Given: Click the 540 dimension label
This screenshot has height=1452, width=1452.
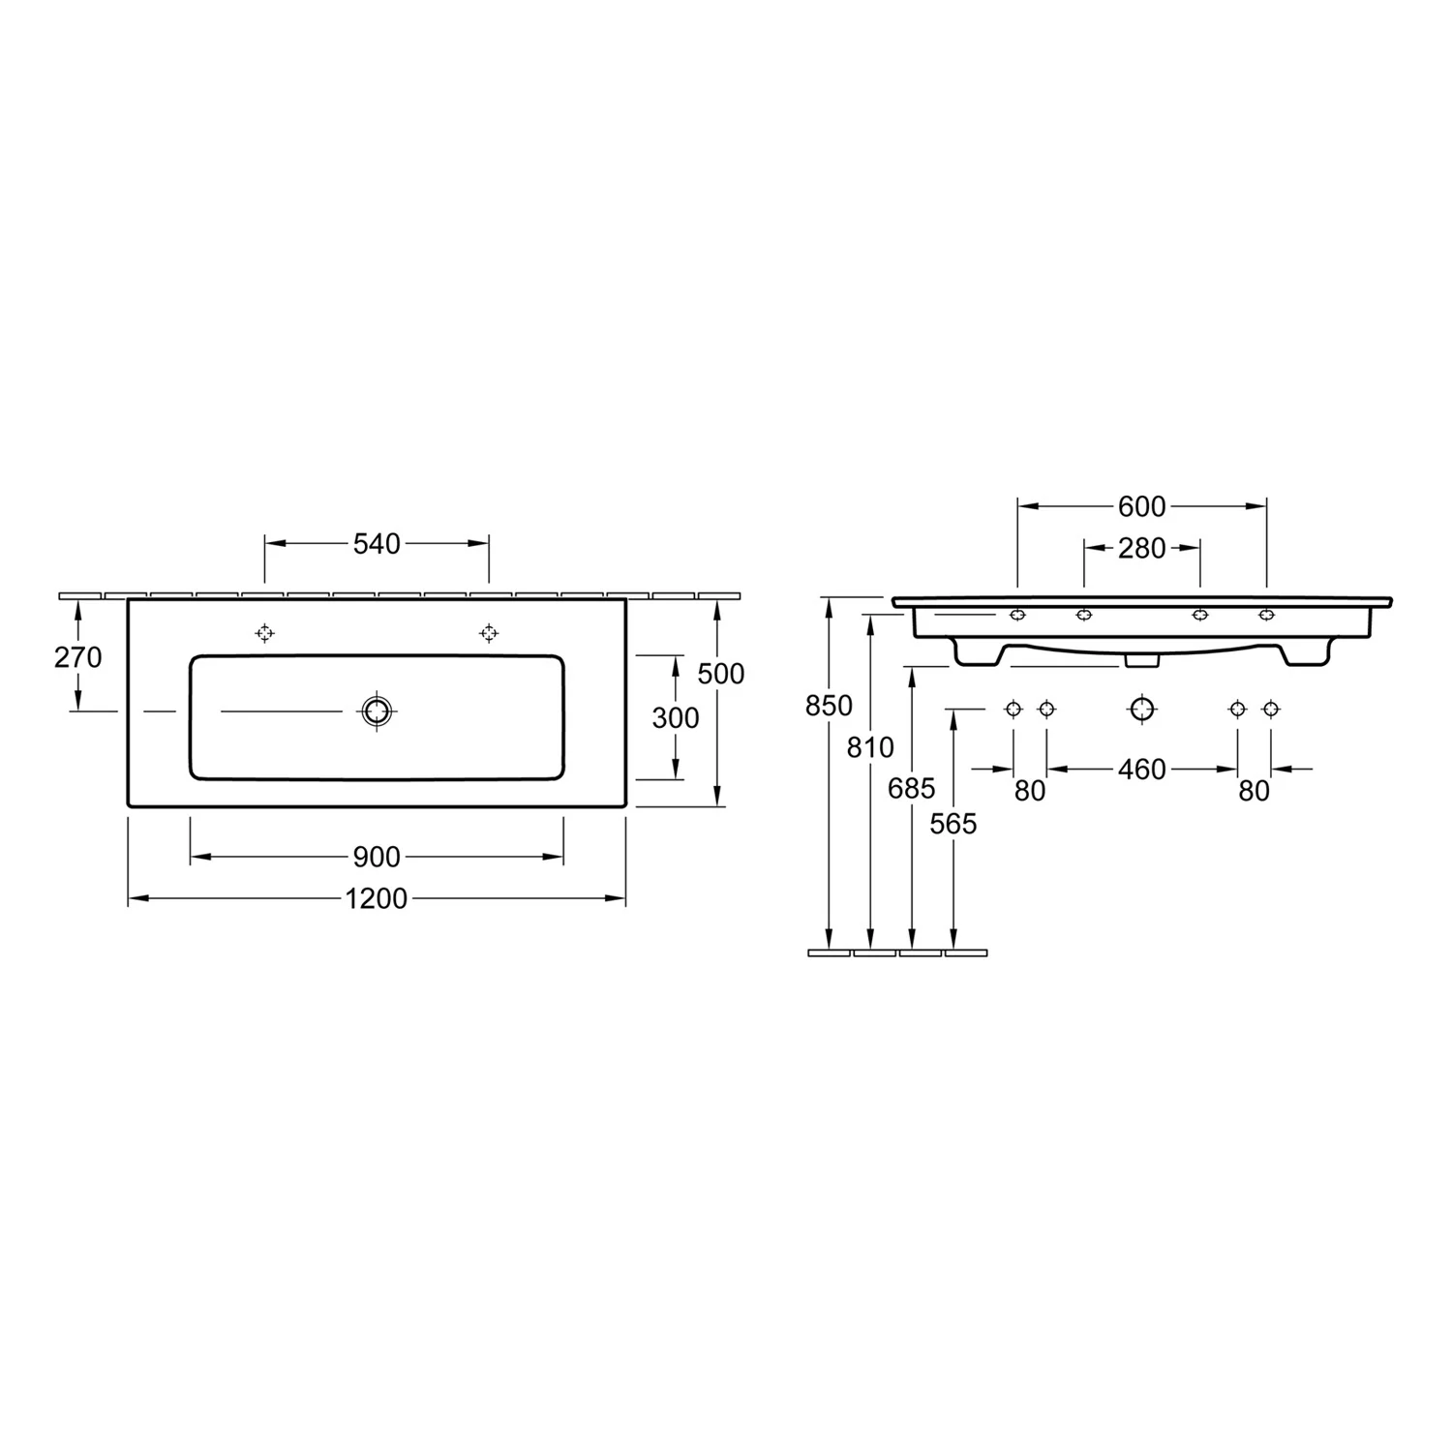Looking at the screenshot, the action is pyautogui.click(x=377, y=544).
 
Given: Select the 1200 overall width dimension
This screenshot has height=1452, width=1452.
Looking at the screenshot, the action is pyautogui.click(x=377, y=899).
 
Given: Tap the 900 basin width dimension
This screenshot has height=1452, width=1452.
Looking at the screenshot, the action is pyautogui.click(x=377, y=857).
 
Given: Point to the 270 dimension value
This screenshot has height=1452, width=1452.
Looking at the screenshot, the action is pyautogui.click(x=77, y=657).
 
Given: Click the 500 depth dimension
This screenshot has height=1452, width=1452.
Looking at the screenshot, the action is pyautogui.click(x=721, y=673).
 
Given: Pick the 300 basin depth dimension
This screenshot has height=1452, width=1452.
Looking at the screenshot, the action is pyautogui.click(x=676, y=717).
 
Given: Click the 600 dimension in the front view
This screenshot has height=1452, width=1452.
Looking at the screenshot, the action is pyautogui.click(x=1142, y=505).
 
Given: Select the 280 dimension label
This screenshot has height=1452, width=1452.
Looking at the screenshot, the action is pyautogui.click(x=1142, y=548).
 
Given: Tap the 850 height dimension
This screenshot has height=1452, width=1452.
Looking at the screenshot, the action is pyautogui.click(x=829, y=706).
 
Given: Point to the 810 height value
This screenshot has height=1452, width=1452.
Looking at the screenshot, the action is pyautogui.click(x=870, y=746).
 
